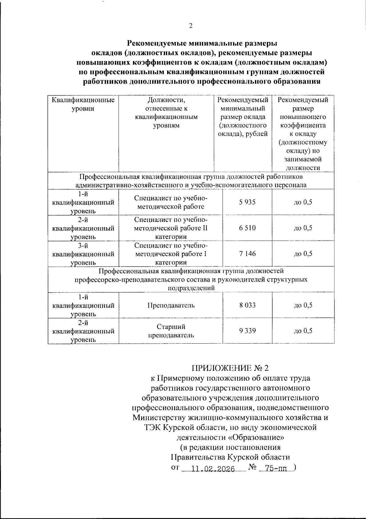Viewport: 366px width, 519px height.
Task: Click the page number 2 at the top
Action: coord(191,26)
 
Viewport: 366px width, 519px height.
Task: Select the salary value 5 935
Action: coord(247,202)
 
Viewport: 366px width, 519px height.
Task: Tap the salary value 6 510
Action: coord(247,228)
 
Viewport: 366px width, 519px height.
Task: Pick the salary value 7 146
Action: coord(247,254)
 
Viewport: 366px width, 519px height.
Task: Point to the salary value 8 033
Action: coord(247,305)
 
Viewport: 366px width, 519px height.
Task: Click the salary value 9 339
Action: coord(247,331)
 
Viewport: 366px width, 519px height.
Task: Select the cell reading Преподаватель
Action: coord(171,305)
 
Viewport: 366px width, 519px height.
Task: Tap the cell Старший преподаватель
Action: coord(171,331)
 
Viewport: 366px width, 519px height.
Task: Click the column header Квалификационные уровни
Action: coord(83,104)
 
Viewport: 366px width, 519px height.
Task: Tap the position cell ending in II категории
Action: coord(171,228)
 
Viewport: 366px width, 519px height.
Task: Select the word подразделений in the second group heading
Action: coord(191,288)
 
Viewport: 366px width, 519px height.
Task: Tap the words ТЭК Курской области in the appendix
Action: coord(186,428)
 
